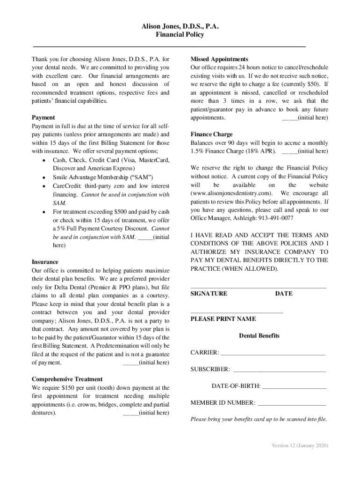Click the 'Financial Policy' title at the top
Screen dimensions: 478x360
point(180,35)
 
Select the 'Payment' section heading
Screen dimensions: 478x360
point(43,118)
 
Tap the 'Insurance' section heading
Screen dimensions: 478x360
point(45,262)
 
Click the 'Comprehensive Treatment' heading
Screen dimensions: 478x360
point(67,379)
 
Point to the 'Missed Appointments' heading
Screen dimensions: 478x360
point(219,59)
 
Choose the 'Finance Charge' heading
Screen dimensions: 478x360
point(211,134)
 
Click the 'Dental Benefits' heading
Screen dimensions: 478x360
point(259,336)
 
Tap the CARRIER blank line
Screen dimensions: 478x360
point(273,353)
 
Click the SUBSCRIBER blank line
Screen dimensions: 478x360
point(279,370)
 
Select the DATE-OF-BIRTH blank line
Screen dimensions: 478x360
point(295,387)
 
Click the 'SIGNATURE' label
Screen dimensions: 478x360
point(209,294)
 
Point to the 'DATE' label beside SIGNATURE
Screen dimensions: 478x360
point(284,294)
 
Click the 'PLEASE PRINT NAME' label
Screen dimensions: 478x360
point(223,319)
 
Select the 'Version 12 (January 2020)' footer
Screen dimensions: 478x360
point(300,445)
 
